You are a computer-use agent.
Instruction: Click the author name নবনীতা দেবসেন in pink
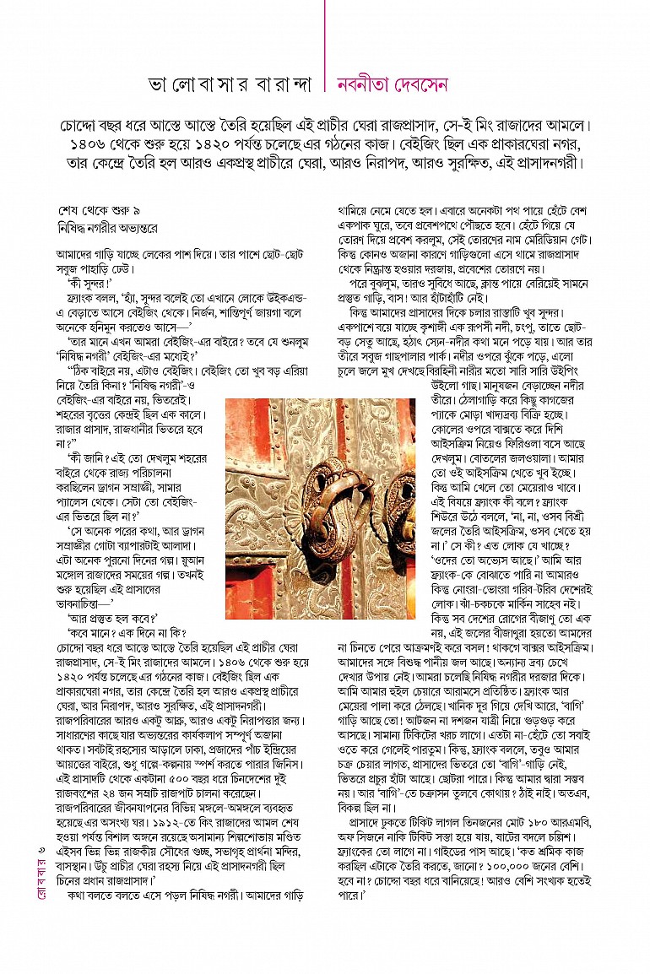392,85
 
